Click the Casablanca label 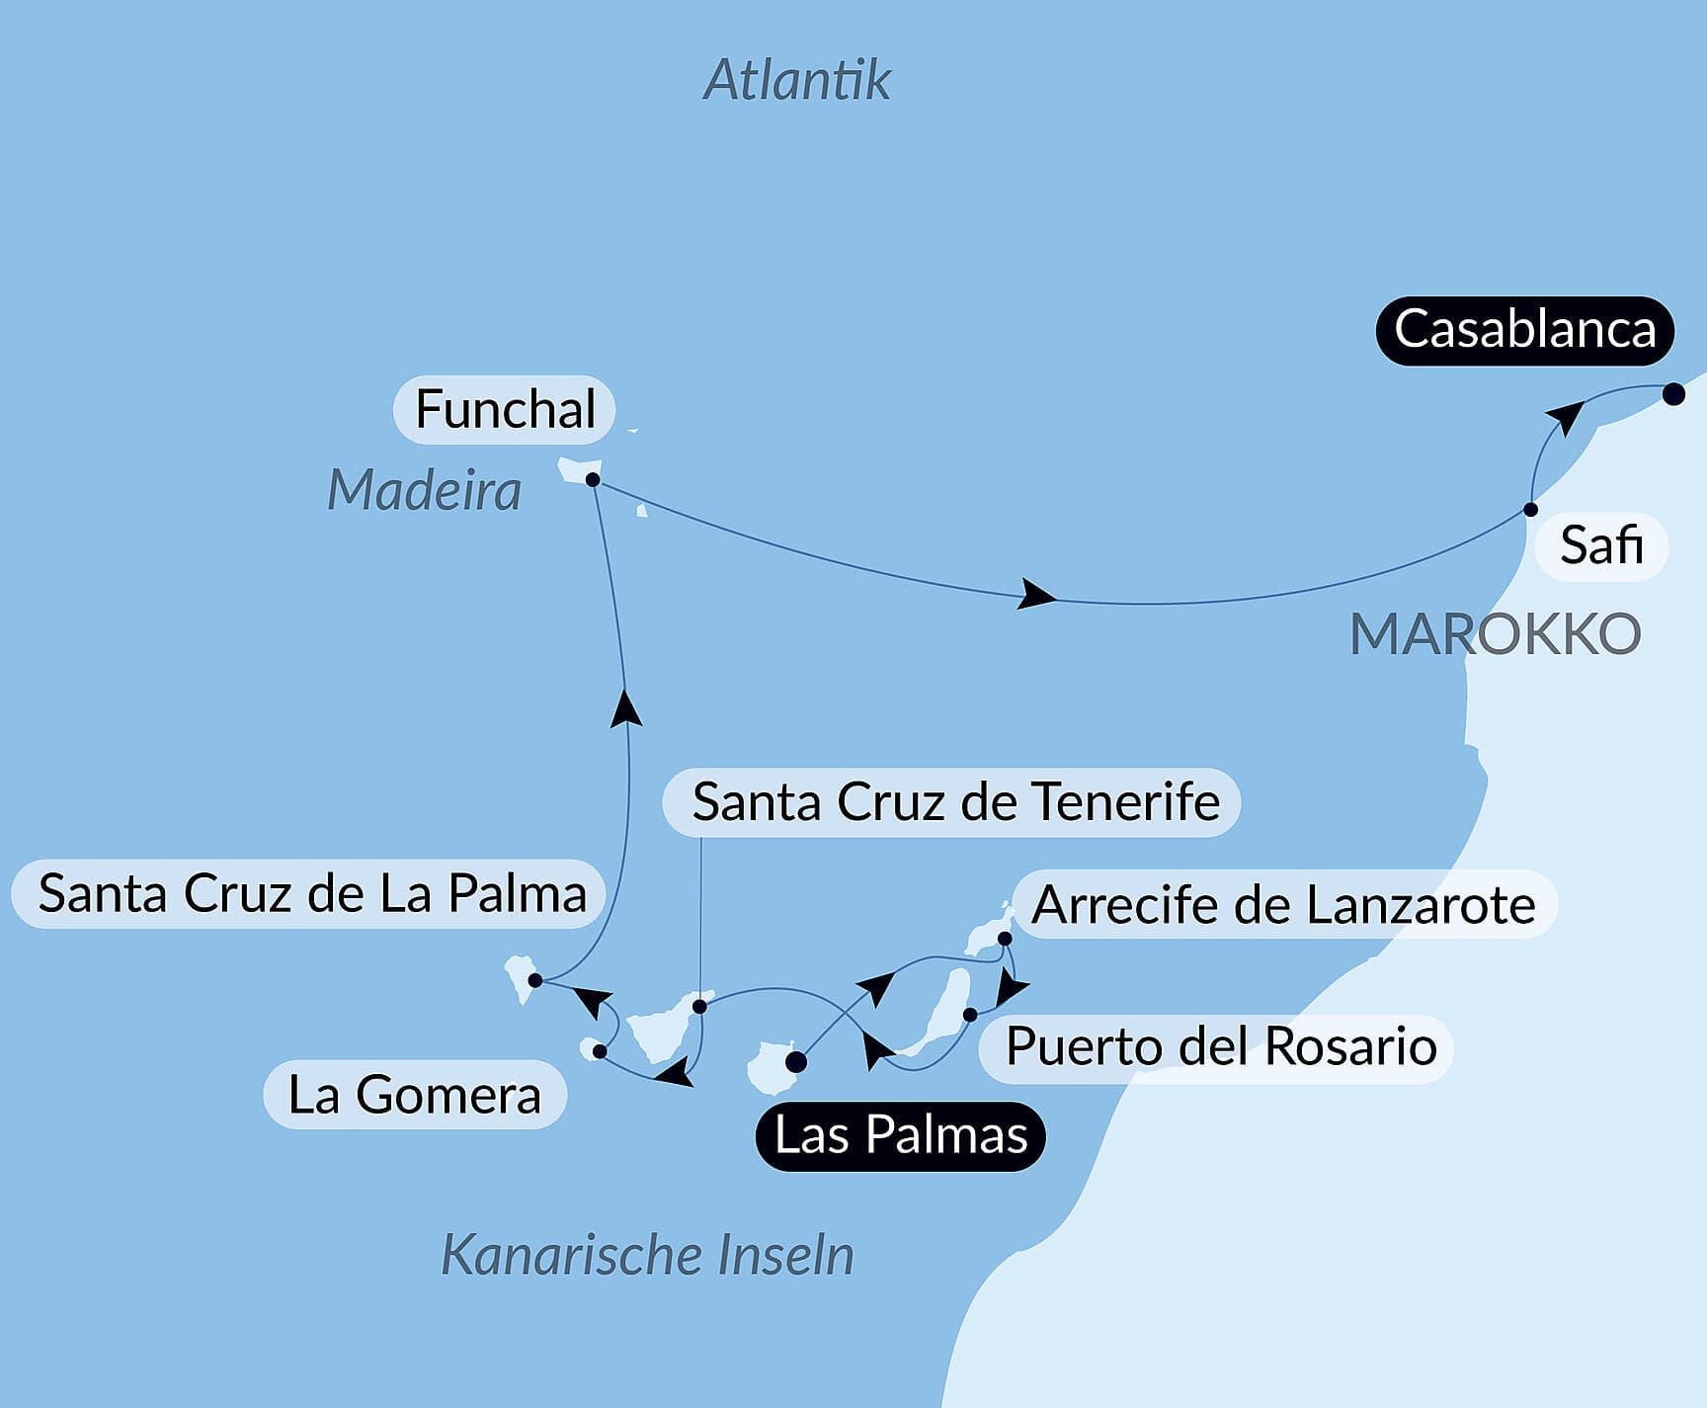(1524, 330)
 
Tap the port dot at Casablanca (1673, 394)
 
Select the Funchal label (505, 409)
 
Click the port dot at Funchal (593, 480)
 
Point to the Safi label (1601, 545)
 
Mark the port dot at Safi (1530, 510)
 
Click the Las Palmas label (901, 1135)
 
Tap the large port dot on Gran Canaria (796, 1063)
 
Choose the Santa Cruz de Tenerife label (954, 801)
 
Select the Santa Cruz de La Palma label (311, 893)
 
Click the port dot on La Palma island (535, 981)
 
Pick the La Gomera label (415, 1095)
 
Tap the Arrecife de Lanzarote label (1283, 904)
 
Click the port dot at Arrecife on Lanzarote (1005, 939)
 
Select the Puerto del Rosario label (1220, 1046)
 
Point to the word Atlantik (797, 80)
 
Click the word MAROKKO (1495, 634)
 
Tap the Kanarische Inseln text (647, 1255)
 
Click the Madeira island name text (424, 490)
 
